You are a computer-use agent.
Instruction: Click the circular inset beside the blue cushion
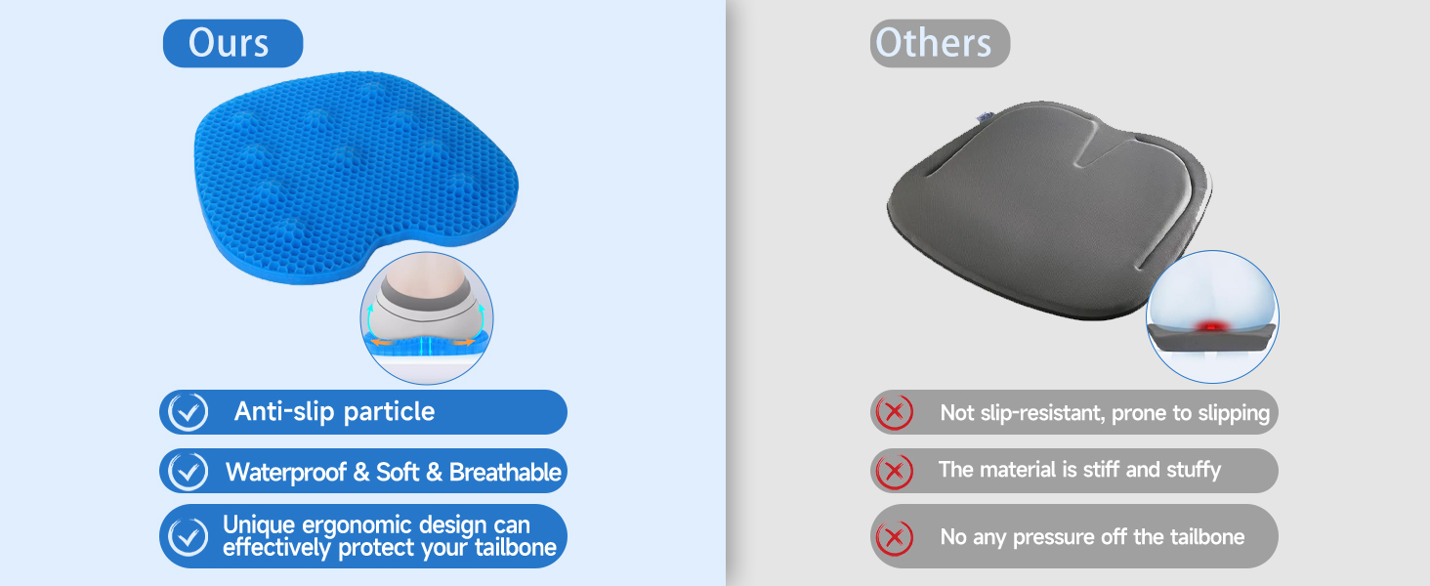(427, 317)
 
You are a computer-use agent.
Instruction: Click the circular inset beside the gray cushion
(1212, 316)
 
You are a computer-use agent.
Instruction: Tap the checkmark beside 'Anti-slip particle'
(188, 412)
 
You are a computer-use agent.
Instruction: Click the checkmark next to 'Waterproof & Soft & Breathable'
(188, 472)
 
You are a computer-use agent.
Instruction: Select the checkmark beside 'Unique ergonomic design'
(188, 536)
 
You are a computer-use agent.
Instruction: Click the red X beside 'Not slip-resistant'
(894, 412)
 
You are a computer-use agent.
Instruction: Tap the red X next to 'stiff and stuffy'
(894, 472)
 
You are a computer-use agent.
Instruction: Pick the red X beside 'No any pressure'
(894, 536)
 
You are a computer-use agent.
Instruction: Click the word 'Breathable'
(505, 473)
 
